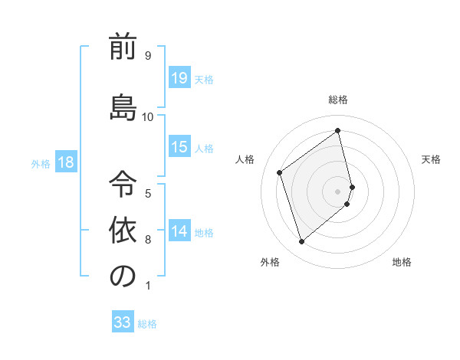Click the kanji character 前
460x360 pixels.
tap(123, 47)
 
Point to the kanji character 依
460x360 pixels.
tap(123, 228)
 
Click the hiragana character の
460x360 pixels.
tap(123, 276)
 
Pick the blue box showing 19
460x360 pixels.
tap(179, 77)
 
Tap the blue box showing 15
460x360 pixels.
tap(179, 147)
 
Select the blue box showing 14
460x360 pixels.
tap(179, 231)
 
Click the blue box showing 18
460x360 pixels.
tap(65, 162)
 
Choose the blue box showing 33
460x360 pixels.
tap(123, 322)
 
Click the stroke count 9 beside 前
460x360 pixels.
tap(147, 55)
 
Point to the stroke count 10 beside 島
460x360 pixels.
tap(147, 116)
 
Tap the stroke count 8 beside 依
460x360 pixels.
tap(147, 240)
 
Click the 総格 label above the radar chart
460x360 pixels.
tap(338, 100)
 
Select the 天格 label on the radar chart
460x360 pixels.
tap(431, 159)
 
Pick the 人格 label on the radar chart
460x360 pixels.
tap(245, 159)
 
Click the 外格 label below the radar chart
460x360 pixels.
tap(270, 262)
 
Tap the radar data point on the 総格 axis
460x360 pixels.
tap(338, 131)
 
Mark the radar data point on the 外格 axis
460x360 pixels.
tap(302, 242)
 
